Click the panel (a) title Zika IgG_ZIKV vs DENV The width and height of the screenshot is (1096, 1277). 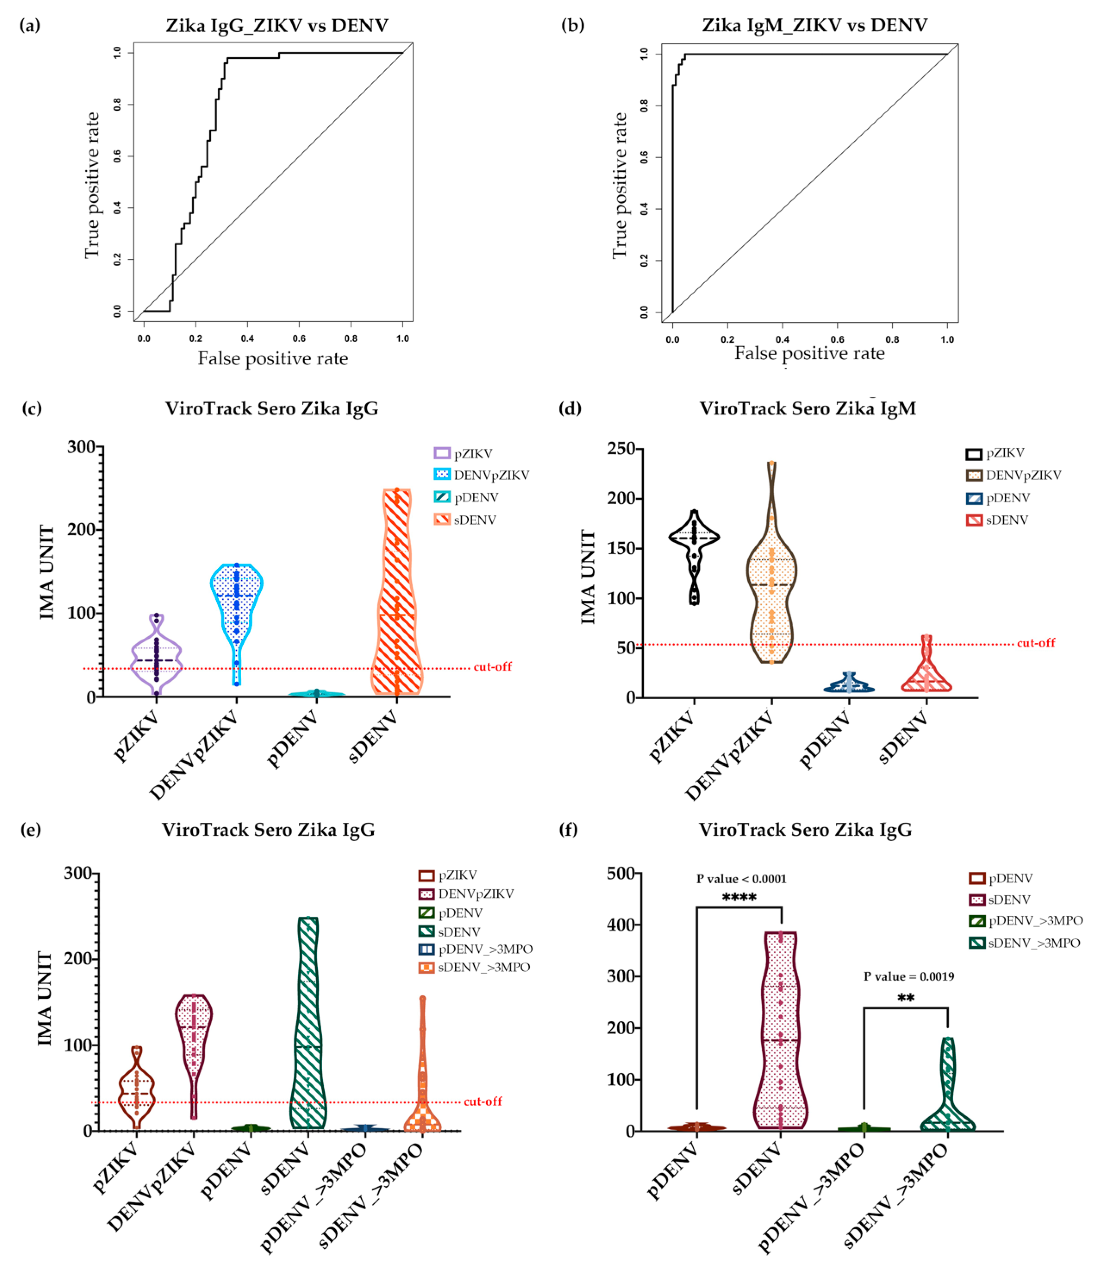(277, 26)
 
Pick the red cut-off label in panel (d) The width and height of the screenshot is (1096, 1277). (1036, 643)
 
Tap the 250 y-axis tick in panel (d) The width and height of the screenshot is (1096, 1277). (621, 449)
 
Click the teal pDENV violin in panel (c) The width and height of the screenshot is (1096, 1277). (316, 694)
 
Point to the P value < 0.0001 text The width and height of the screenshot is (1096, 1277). (741, 879)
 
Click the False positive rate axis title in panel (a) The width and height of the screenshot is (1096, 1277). (272, 359)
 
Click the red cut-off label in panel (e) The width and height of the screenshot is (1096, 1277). (483, 1101)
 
